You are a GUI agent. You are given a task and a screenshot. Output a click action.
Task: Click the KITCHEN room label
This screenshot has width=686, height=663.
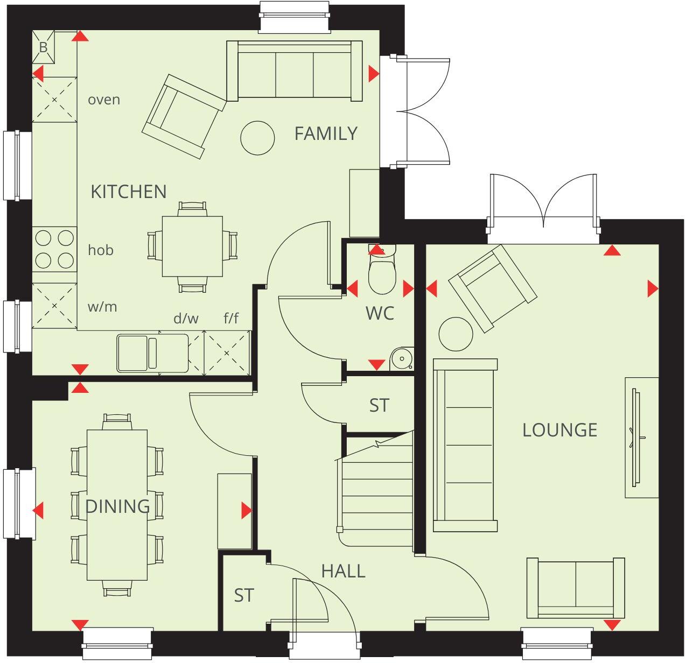click(129, 192)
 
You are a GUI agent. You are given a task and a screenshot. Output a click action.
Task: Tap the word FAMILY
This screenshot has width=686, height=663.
click(325, 133)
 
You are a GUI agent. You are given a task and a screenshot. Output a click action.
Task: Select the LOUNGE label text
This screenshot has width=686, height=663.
click(560, 430)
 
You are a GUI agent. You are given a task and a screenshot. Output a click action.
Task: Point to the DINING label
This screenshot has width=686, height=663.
click(117, 506)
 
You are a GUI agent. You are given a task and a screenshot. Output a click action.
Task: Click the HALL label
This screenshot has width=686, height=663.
click(343, 571)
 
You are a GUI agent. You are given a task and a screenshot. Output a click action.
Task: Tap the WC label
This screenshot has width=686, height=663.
click(380, 313)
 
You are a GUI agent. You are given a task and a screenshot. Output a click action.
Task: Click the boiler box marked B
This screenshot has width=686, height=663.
click(43, 47)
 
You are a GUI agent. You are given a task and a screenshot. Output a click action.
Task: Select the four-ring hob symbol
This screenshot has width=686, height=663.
click(54, 249)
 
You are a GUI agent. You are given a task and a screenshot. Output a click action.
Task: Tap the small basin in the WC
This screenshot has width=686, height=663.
click(402, 358)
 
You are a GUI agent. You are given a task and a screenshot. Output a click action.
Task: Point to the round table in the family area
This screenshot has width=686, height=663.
click(257, 138)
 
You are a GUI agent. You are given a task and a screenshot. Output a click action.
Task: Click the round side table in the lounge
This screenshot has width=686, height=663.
click(456, 334)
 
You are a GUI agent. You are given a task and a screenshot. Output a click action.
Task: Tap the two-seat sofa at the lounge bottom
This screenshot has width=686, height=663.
click(576, 588)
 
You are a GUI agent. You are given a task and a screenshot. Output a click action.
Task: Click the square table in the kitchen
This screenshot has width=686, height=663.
click(192, 246)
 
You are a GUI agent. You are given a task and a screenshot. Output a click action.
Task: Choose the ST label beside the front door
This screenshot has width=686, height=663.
click(244, 596)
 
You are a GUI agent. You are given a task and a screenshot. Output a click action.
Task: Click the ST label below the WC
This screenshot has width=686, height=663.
click(379, 405)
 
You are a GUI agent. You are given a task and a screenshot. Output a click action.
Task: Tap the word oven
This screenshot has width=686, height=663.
click(104, 100)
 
